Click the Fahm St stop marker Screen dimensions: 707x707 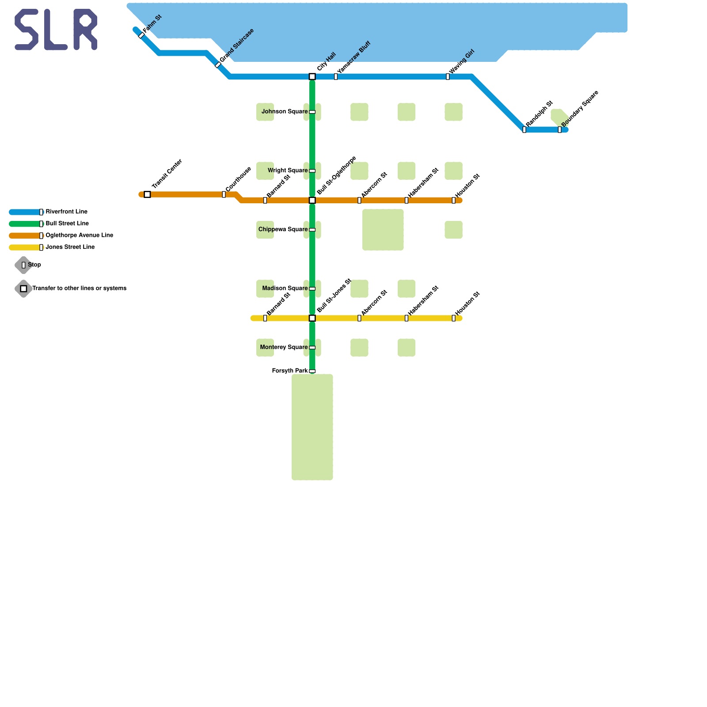(x=141, y=35)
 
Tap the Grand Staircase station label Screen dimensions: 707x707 (x=237, y=46)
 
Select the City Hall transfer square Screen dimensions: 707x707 (x=312, y=77)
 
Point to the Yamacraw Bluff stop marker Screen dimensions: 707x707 (x=336, y=77)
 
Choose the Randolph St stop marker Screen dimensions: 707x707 (x=524, y=130)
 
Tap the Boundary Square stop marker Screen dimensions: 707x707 (x=559, y=130)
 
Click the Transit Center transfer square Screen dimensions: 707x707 (x=147, y=194)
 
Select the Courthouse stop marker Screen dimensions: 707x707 (x=224, y=194)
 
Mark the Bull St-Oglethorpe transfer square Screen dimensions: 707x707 (x=312, y=201)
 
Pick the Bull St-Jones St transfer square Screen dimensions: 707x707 (x=312, y=318)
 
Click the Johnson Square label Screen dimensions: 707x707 (x=284, y=112)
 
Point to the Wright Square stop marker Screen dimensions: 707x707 (x=312, y=171)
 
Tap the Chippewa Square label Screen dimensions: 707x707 (x=283, y=229)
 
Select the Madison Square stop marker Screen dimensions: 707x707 (x=312, y=289)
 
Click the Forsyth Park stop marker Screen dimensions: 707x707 (x=312, y=371)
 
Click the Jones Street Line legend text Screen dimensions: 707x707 (x=70, y=247)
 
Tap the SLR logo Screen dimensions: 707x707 (x=56, y=30)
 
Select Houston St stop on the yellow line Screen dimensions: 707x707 (x=453, y=318)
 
